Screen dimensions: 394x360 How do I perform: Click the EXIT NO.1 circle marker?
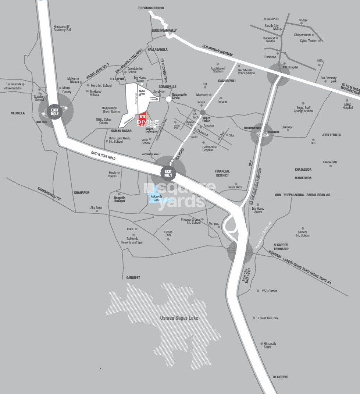(168, 173)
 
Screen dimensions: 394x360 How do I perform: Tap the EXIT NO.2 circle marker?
(55, 111)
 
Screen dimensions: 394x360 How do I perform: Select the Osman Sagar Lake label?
(179, 318)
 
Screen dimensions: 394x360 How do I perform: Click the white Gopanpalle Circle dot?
(168, 99)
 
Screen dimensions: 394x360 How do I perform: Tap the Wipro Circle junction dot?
(203, 113)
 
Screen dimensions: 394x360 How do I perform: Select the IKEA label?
(320, 61)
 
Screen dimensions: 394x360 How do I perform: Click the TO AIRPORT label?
(281, 377)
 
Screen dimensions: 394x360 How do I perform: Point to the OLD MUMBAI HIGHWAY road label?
(217, 50)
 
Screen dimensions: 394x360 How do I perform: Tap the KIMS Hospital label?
(347, 106)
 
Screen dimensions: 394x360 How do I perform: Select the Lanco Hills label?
(330, 162)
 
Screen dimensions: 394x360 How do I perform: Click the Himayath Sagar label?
(270, 345)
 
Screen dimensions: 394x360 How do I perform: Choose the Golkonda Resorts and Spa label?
(132, 240)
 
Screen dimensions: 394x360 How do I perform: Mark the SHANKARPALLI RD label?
(49, 193)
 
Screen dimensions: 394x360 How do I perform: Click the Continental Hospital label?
(209, 149)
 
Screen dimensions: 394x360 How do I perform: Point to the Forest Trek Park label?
(268, 318)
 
